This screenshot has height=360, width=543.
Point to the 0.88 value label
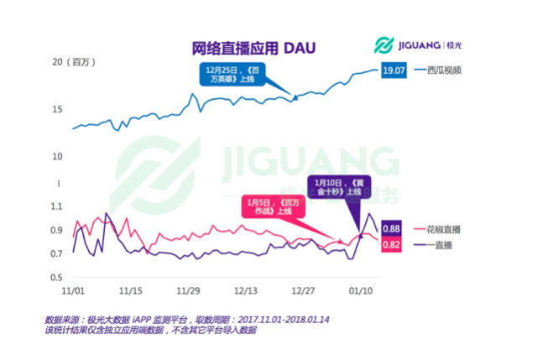click(x=391, y=229)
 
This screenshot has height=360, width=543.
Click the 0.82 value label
click(x=391, y=244)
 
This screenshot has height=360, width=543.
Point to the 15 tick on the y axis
click(x=58, y=109)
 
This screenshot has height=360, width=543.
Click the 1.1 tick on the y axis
click(x=57, y=206)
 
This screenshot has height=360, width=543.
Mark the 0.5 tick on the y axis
click(x=57, y=278)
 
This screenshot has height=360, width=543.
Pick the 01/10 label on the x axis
click(x=360, y=291)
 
